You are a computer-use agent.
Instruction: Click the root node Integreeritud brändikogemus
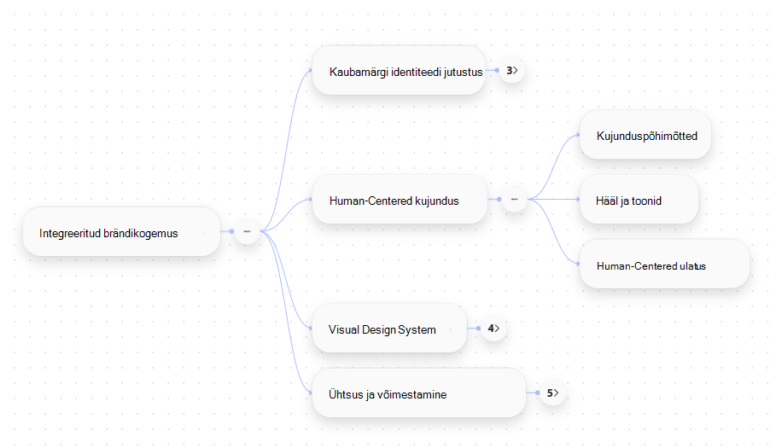122,232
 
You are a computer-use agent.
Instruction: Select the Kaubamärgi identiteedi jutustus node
399,71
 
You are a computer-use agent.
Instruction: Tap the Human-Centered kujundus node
400,200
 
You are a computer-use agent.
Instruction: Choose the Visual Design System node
389,329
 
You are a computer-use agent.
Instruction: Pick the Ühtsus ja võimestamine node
419,393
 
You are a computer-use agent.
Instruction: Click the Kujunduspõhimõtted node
645,135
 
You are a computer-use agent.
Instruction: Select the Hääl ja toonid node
639,200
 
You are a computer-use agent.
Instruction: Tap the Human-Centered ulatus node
664,265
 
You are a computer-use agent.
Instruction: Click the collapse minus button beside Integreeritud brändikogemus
247,232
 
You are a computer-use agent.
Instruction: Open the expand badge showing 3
512,71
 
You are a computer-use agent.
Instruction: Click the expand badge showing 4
493,329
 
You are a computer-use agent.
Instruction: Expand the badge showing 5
552,393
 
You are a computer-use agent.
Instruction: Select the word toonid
647,201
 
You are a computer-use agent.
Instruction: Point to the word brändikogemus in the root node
144,233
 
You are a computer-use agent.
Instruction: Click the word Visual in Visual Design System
344,330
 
